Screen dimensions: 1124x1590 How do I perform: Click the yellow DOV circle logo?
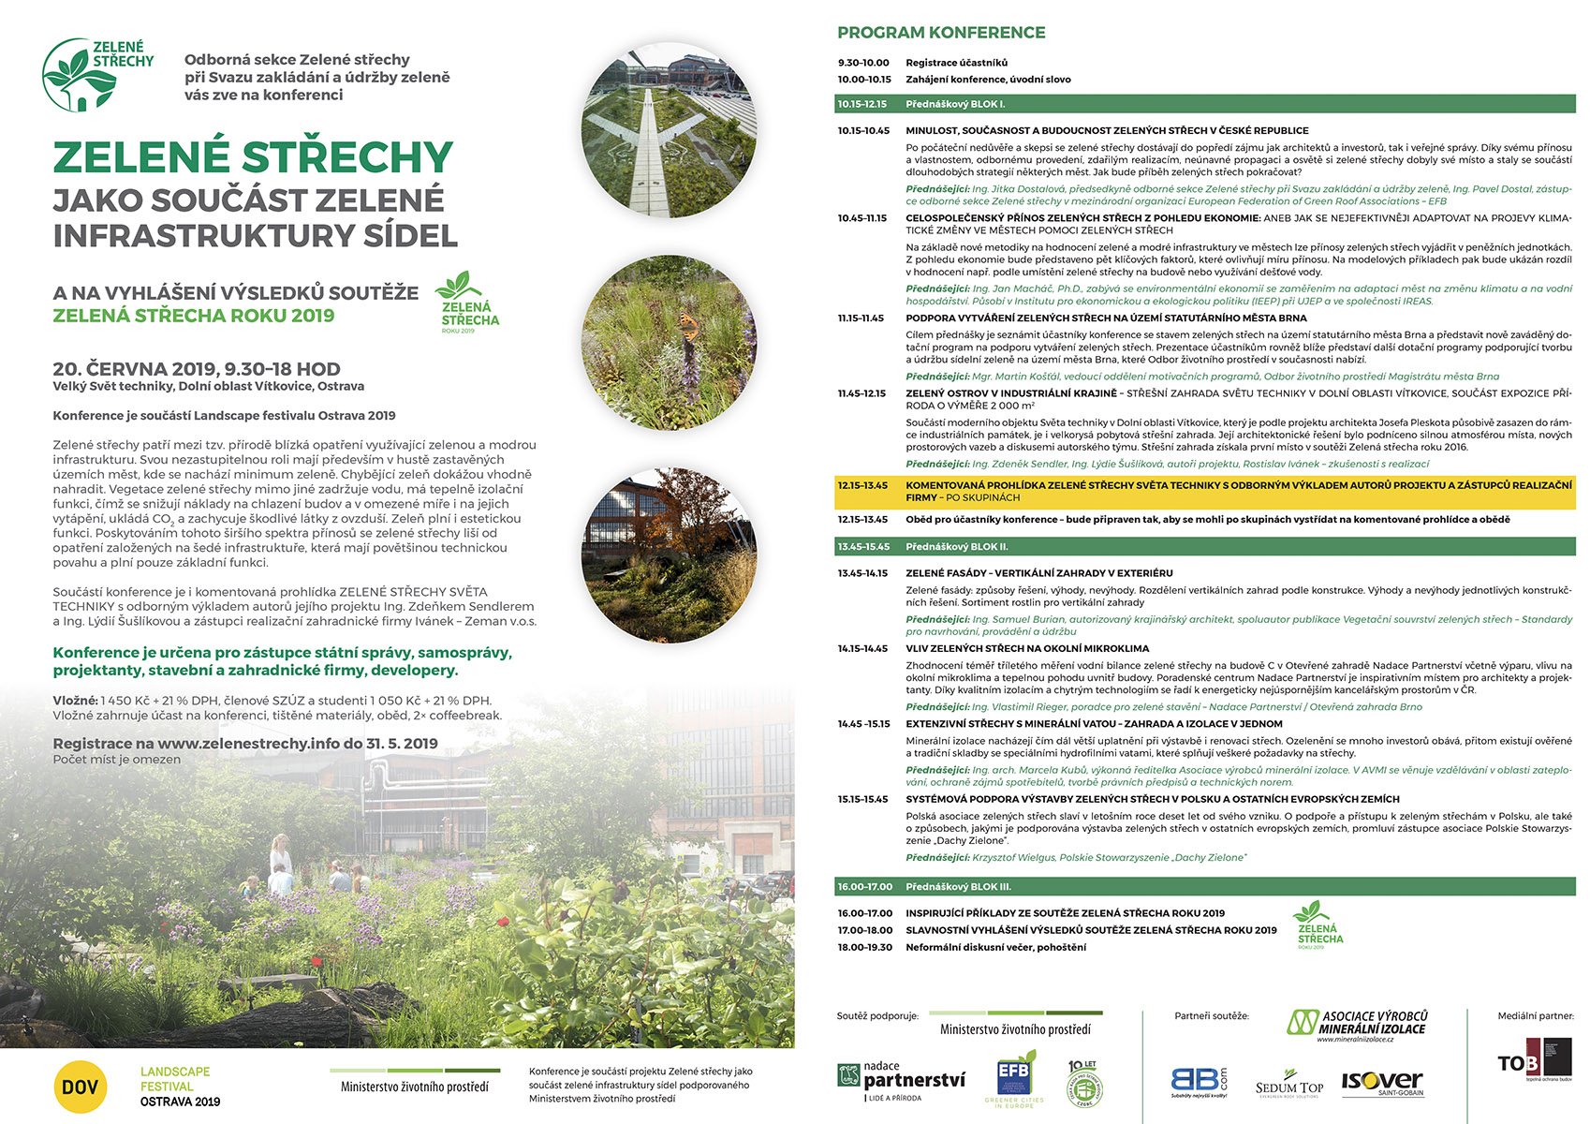click(x=81, y=1087)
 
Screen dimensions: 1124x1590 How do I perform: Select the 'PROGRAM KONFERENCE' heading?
click(x=940, y=33)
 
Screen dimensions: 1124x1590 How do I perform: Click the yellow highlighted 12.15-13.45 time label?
click(x=862, y=485)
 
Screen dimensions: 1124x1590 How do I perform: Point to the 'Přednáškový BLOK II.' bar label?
click(x=955, y=546)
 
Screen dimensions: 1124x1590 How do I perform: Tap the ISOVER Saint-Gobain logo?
click(x=1382, y=1083)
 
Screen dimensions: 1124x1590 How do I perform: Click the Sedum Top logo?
click(x=1289, y=1085)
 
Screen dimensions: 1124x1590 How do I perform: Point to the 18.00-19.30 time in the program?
click(x=864, y=947)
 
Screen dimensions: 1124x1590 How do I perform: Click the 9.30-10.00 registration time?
click(x=863, y=63)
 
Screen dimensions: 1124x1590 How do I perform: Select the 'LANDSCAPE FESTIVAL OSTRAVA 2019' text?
click(x=180, y=1087)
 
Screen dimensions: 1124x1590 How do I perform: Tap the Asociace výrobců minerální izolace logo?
click(x=1358, y=1024)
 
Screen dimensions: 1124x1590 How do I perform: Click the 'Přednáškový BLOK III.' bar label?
click(x=957, y=886)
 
